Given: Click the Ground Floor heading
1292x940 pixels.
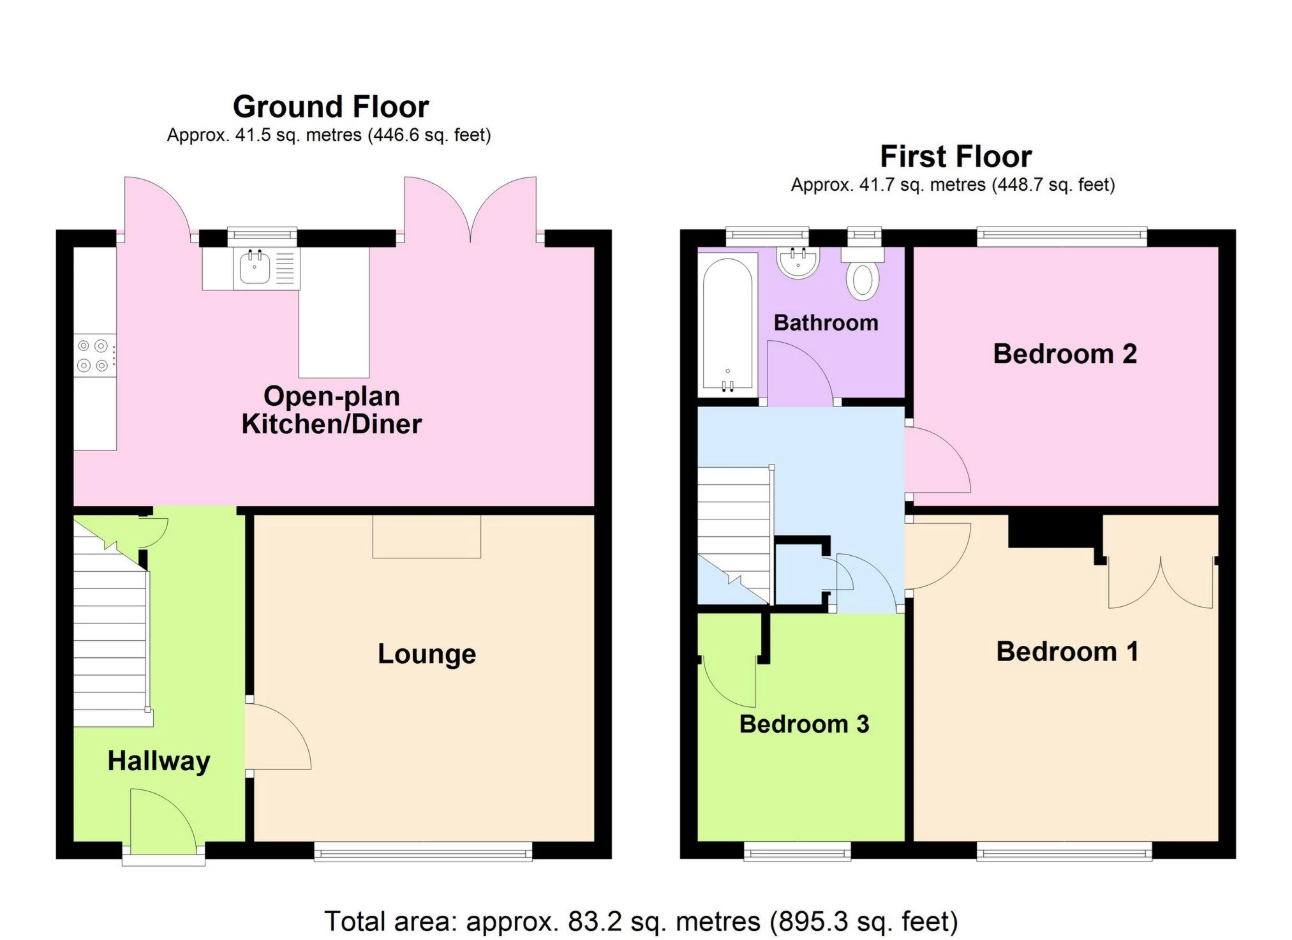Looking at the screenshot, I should (x=330, y=107).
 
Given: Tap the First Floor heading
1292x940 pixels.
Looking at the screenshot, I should (x=955, y=156).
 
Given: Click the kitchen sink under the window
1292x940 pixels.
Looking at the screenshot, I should (x=255, y=268).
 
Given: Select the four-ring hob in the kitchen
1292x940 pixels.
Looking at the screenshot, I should (x=93, y=355).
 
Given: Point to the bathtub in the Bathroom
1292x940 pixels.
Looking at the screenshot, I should (x=727, y=324).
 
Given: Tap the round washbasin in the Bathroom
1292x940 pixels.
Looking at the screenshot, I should (x=798, y=262).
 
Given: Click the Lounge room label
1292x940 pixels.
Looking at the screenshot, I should (x=426, y=654).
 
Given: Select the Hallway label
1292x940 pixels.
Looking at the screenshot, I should (x=158, y=761).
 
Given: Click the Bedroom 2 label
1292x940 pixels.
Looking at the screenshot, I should (x=1064, y=354).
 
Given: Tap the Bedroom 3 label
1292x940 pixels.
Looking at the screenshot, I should (x=803, y=724).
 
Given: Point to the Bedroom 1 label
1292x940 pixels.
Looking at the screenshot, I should (x=1067, y=652).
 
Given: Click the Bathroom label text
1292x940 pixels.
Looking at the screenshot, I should (x=826, y=323).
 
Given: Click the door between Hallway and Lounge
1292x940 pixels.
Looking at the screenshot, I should (x=276, y=737).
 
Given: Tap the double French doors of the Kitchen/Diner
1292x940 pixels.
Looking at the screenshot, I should (x=470, y=207).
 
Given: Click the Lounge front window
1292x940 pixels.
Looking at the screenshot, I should (x=422, y=851).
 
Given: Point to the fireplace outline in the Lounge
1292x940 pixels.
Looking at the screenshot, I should (x=426, y=536).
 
